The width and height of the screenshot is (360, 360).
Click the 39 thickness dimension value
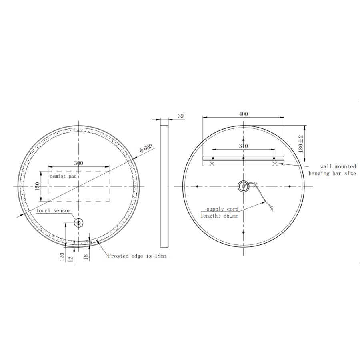tap(180, 116)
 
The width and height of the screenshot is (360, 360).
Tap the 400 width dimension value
tap(243, 114)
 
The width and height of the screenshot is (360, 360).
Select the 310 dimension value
tap(243, 146)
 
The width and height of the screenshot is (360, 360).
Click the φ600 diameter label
tap(146, 149)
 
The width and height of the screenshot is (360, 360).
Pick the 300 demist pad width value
tap(78, 163)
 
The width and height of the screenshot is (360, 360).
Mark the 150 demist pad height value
tap(38, 186)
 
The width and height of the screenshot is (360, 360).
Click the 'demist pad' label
tap(62, 176)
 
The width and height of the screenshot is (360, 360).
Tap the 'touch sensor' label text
tap(53, 210)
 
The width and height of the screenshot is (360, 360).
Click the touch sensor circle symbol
tap(78, 223)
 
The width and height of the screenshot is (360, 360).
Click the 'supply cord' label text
tap(222, 209)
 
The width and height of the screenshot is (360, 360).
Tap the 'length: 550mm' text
tap(219, 216)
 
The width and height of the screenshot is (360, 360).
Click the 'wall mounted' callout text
tap(338, 166)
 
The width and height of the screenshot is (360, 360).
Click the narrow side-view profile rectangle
tap(164, 186)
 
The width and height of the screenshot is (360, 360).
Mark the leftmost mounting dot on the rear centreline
tap(198, 186)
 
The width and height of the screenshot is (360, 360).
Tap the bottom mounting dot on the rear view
tap(243, 232)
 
